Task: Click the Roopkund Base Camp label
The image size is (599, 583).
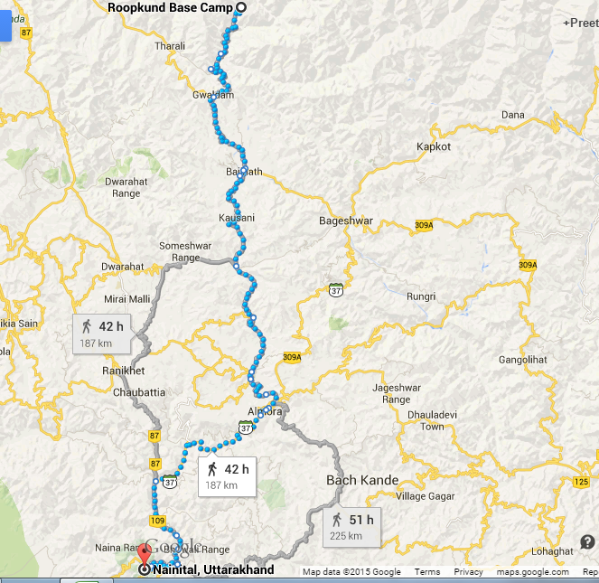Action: pyautogui.click(x=170, y=8)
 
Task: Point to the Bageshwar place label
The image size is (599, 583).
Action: pyautogui.click(x=346, y=221)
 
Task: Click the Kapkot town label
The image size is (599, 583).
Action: pyautogui.click(x=433, y=146)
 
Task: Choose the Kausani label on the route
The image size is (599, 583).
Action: pyautogui.click(x=237, y=218)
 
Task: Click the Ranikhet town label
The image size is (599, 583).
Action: pyautogui.click(x=125, y=371)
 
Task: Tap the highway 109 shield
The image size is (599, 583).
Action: pyautogui.click(x=158, y=522)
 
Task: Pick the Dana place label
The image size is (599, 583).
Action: pyautogui.click(x=512, y=115)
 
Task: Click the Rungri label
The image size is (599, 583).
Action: pyautogui.click(x=421, y=296)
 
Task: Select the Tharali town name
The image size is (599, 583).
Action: pyautogui.click(x=170, y=45)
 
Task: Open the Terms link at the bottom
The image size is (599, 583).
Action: pyautogui.click(x=427, y=572)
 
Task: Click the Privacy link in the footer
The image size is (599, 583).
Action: pyautogui.click(x=469, y=572)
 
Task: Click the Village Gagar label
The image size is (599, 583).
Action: pyautogui.click(x=424, y=496)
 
